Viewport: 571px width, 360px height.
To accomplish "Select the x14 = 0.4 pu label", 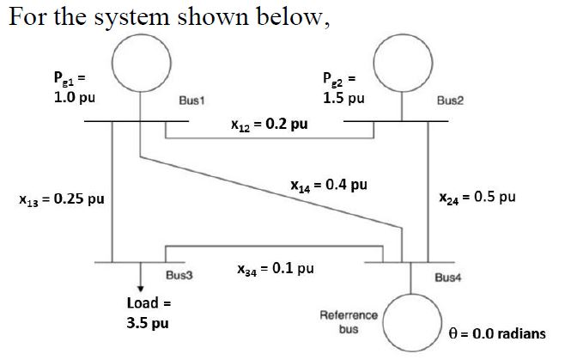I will coord(329,184).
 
